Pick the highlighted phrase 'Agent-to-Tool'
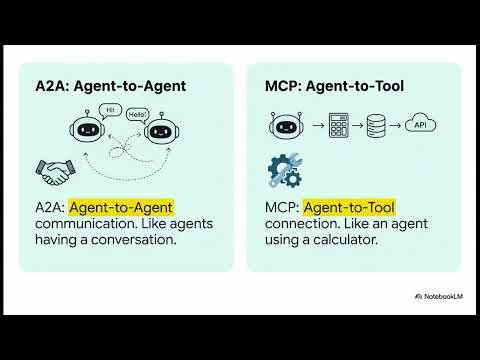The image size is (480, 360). pos(349,208)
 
